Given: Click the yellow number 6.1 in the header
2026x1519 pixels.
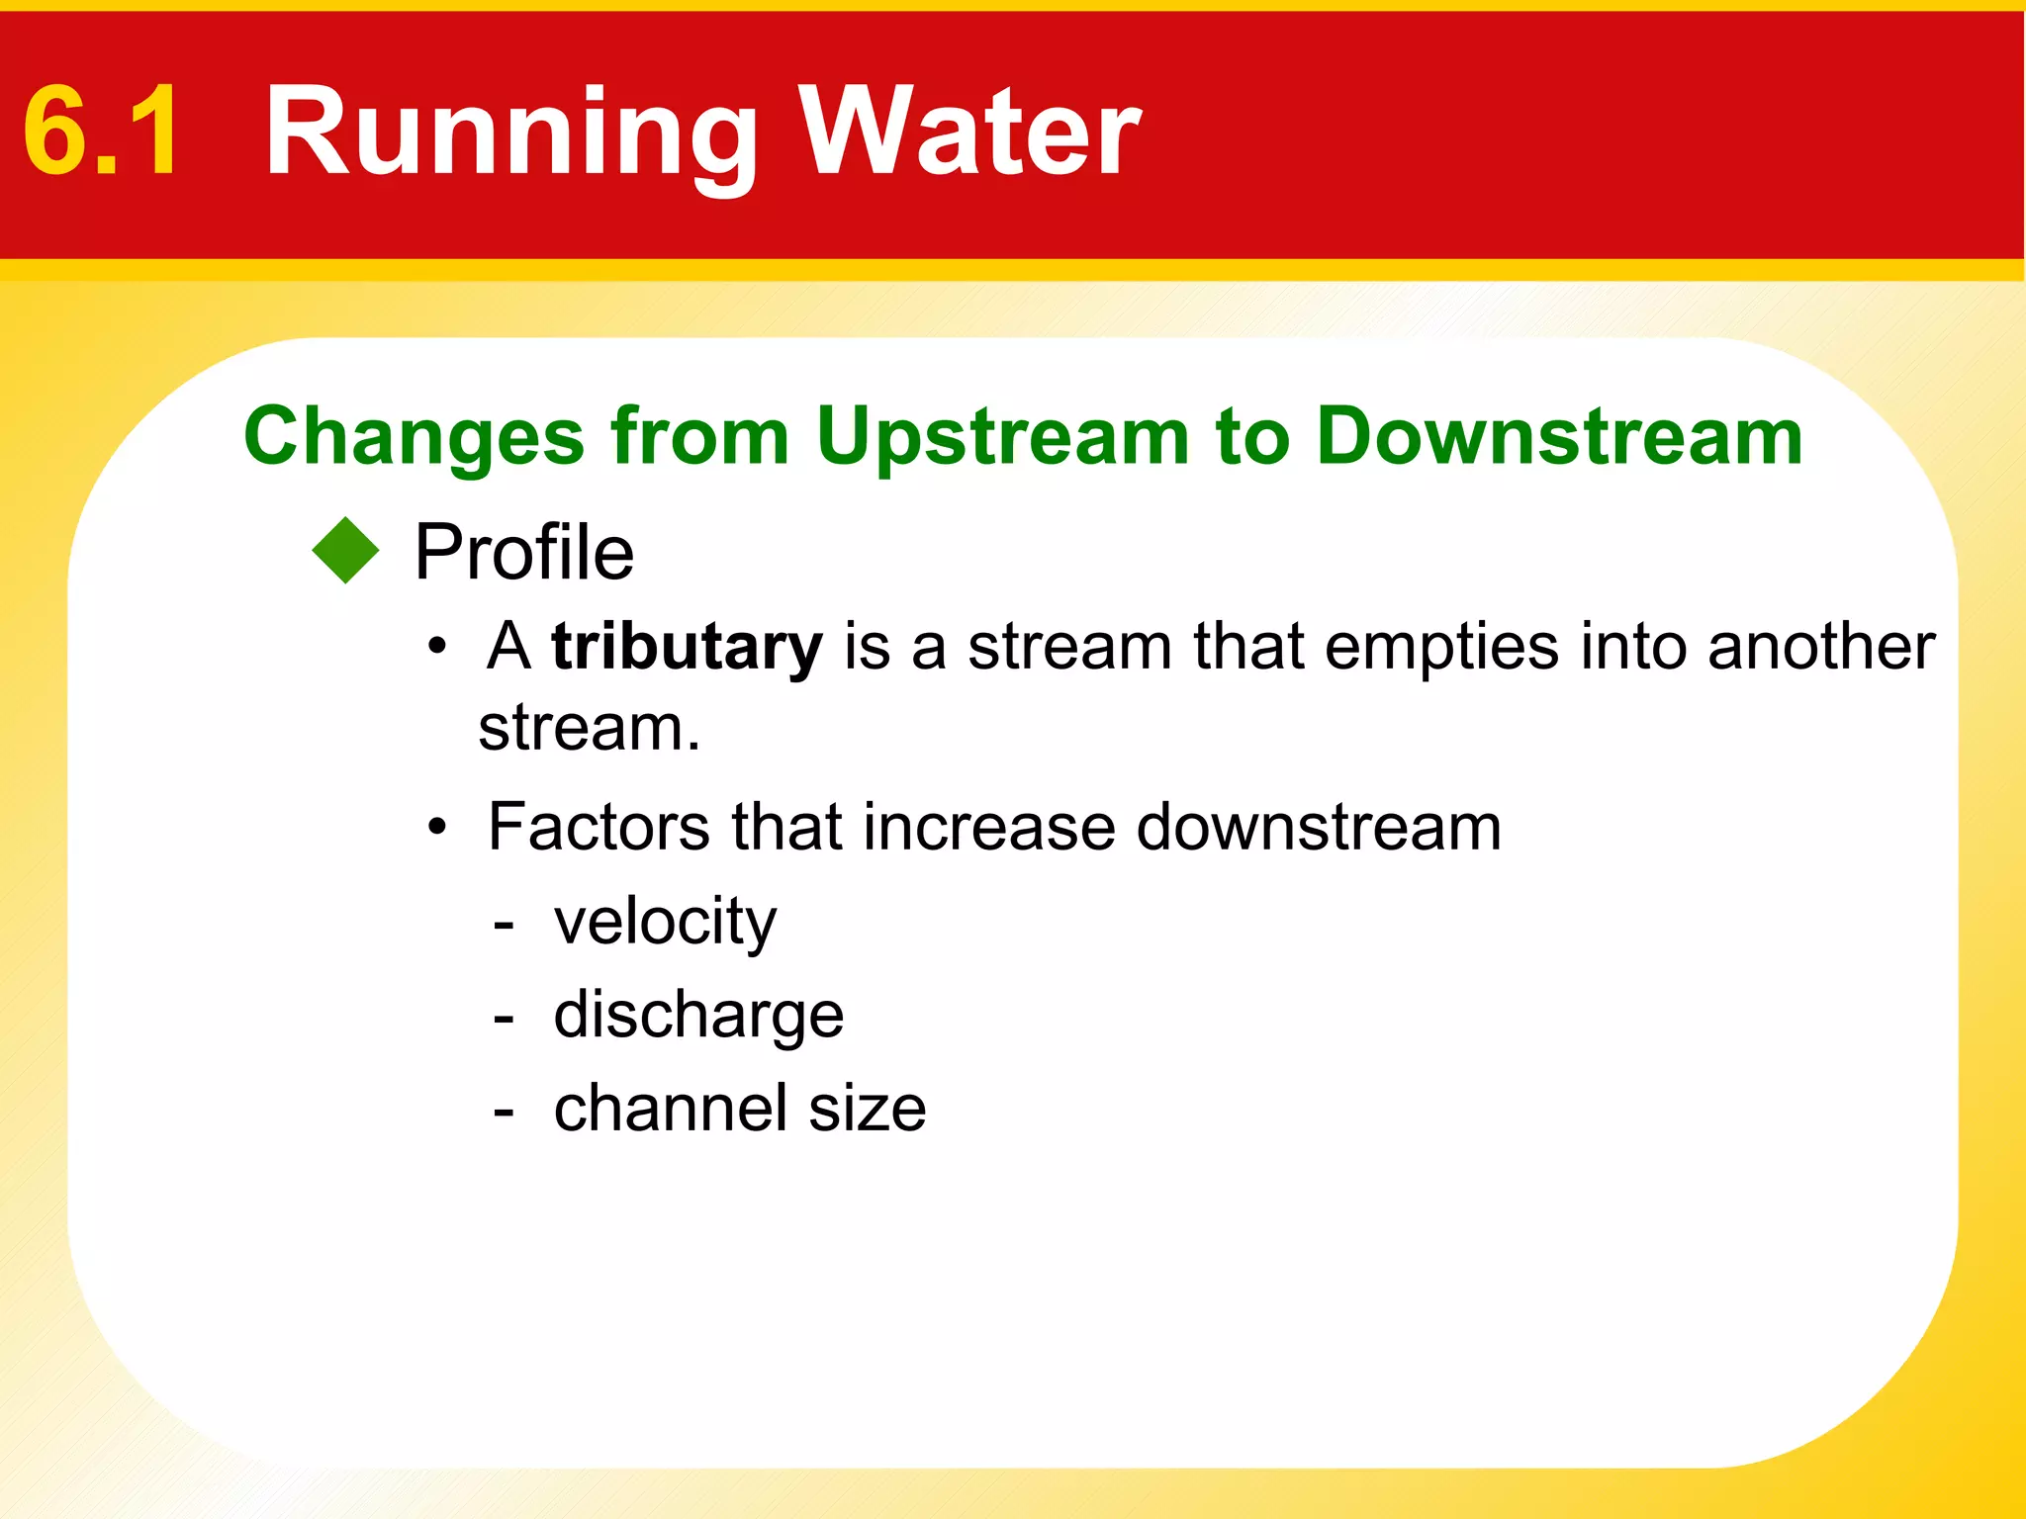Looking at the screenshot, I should tap(102, 132).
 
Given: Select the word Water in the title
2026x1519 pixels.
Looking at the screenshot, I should tap(969, 132).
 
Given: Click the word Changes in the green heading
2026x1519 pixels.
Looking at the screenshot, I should tap(414, 436).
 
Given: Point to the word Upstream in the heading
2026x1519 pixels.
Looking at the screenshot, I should tap(1002, 438).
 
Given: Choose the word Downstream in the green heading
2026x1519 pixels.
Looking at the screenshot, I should tap(1559, 436).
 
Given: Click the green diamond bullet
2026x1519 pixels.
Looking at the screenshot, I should tap(345, 551).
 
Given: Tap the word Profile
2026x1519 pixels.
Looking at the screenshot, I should tap(523, 552).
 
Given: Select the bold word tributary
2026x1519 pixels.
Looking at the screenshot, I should tap(687, 648).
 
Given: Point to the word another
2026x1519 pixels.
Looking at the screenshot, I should tap(1820, 647).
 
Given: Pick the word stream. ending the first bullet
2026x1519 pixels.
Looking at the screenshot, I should tap(589, 729).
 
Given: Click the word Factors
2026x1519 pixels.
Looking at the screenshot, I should tap(599, 827).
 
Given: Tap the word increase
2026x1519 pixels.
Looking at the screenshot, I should tap(989, 827).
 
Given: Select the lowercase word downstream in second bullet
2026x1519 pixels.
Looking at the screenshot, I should tap(1319, 827).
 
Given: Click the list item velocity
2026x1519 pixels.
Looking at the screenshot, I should tap(665, 922).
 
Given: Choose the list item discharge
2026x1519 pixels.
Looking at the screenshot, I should tap(698, 1016).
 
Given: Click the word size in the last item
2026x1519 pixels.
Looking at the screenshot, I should tap(868, 1109).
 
